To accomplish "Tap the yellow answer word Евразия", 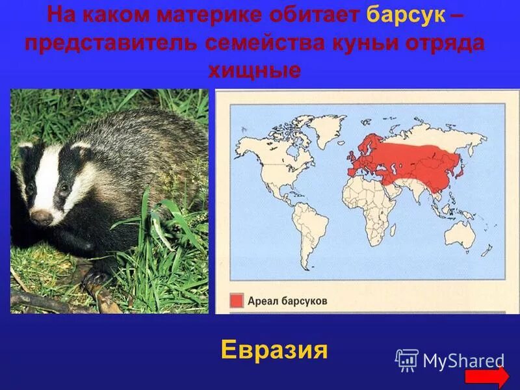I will click(x=273, y=351).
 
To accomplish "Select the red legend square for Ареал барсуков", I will click(x=236, y=301).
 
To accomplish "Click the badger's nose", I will click(x=40, y=217).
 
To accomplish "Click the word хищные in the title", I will click(x=254, y=70).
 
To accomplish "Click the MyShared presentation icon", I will click(x=407, y=360).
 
